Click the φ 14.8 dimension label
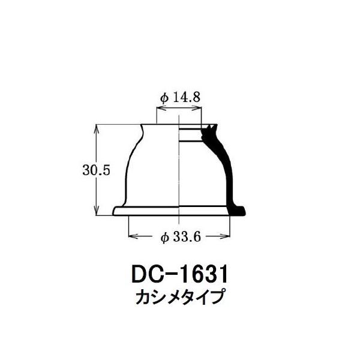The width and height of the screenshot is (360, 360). pos(180,98)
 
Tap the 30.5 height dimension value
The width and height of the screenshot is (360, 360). pos(97,170)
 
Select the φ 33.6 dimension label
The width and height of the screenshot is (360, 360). pos(181,237)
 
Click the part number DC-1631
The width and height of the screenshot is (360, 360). pos(180,274)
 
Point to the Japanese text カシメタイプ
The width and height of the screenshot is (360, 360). pos(179,297)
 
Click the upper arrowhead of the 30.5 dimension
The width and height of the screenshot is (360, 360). pos(97,128)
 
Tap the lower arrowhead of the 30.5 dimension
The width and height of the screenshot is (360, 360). pos(97,211)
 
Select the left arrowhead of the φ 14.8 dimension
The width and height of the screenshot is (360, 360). pos(161,108)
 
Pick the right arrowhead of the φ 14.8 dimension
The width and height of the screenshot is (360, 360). pos(197,108)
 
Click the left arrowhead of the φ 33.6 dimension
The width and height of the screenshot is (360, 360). pos(134,236)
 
